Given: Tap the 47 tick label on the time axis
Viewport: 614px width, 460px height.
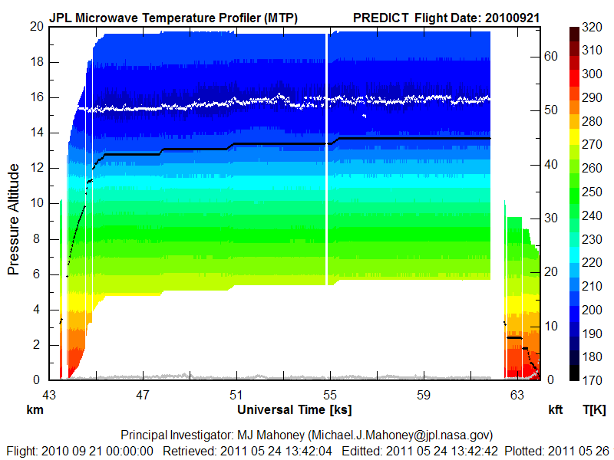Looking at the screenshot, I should (142, 395).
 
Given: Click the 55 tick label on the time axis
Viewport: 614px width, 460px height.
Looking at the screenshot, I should (329, 395).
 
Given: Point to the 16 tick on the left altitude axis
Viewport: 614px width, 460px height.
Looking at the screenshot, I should (35, 97).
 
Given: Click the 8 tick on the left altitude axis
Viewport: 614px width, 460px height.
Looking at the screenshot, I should (38, 238).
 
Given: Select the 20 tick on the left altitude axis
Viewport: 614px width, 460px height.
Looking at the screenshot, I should (35, 27).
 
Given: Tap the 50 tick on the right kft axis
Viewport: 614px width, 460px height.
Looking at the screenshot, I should (549, 110).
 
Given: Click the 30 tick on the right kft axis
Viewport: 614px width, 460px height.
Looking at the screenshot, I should (549, 218).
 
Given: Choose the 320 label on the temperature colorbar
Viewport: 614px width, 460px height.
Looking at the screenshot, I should (592, 27).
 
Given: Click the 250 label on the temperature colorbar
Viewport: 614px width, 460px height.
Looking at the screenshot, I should (592, 191).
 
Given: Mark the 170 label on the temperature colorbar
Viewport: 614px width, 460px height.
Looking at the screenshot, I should (592, 378).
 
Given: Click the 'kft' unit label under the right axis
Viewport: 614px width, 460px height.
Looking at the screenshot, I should (555, 409).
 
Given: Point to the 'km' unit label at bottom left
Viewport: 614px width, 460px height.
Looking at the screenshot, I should (35, 409).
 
